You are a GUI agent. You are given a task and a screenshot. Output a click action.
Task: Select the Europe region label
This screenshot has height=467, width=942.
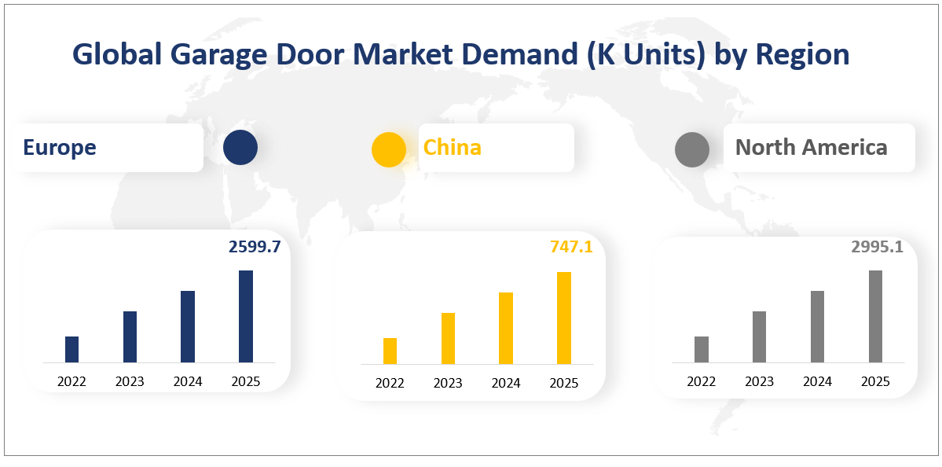pyautogui.click(x=60, y=147)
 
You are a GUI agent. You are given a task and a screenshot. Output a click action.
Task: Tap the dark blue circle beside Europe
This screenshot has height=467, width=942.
pyautogui.click(x=240, y=148)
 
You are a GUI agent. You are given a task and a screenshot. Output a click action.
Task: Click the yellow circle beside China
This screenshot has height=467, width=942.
pyautogui.click(x=388, y=149)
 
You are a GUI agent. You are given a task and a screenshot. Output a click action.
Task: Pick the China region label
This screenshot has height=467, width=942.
pyautogui.click(x=453, y=147)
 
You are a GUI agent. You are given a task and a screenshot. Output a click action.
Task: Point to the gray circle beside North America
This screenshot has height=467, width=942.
pyautogui.click(x=692, y=149)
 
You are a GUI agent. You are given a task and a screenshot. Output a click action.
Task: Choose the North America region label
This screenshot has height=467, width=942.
pyautogui.click(x=812, y=147)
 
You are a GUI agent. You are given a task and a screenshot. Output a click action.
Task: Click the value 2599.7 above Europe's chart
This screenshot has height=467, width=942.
pyautogui.click(x=254, y=247)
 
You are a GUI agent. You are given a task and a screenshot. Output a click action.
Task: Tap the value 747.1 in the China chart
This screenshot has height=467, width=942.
pyautogui.click(x=571, y=248)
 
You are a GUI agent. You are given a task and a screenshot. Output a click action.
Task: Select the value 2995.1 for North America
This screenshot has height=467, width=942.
pyautogui.click(x=877, y=247)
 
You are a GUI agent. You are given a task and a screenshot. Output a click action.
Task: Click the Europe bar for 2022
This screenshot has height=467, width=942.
pyautogui.click(x=71, y=349)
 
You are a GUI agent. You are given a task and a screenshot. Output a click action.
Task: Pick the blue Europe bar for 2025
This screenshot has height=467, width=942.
pyautogui.click(x=246, y=316)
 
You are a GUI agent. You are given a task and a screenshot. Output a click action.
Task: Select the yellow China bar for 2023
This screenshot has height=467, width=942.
pyautogui.click(x=448, y=338)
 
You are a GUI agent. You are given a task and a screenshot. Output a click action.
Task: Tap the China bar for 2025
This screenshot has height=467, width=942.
pyautogui.click(x=564, y=318)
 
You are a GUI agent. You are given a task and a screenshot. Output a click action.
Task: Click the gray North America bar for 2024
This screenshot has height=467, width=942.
pyautogui.click(x=817, y=326)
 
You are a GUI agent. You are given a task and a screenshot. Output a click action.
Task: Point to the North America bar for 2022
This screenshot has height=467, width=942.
pyautogui.click(x=702, y=349)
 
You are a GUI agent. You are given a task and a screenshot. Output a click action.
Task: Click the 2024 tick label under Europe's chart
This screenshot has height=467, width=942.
pyautogui.click(x=188, y=381)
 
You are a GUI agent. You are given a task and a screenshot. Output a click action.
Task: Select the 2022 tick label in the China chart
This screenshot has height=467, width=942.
pyautogui.click(x=390, y=383)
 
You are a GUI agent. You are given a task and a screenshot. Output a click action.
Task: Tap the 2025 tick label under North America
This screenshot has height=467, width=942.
pyautogui.click(x=875, y=381)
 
